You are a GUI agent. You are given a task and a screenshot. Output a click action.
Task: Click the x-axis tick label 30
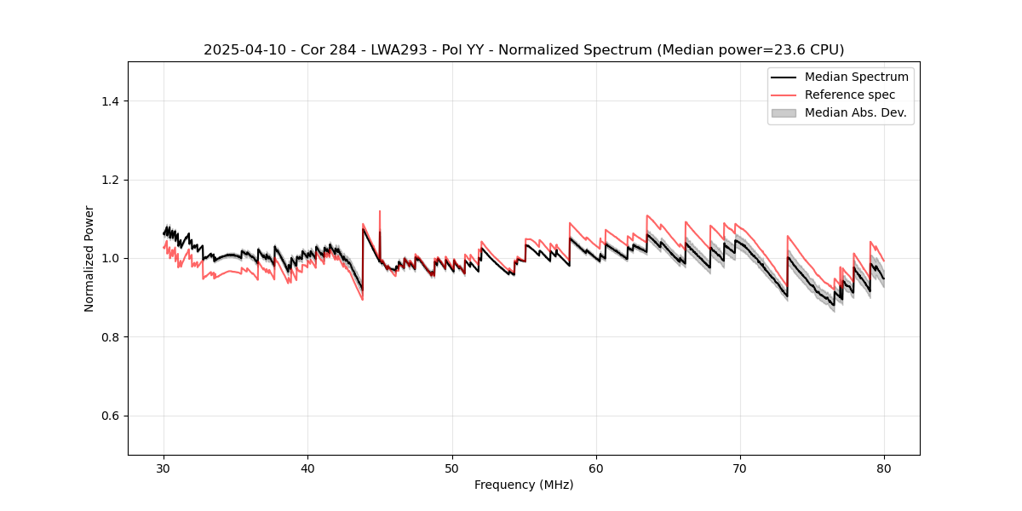pos(164,468)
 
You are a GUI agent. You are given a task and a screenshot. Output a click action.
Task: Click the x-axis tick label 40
pos(307,468)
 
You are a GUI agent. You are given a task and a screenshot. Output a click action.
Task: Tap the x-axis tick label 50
pos(452,468)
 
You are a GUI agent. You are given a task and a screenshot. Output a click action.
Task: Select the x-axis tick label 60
pos(596,468)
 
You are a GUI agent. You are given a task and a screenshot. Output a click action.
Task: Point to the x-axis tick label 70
pos(740,468)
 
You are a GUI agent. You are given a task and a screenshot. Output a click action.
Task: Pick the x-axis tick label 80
pos(884,468)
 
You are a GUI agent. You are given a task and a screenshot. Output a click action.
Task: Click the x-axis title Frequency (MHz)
pos(524,485)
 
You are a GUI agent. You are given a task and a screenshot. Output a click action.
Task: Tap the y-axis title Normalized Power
pos(89,258)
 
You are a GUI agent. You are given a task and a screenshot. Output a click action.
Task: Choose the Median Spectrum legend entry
pos(856,77)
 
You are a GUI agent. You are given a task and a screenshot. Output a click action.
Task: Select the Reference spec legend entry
pos(850,95)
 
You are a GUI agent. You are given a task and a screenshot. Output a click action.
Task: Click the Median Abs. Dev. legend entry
pos(855,112)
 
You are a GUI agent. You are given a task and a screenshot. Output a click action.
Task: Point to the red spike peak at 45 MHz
pos(380,211)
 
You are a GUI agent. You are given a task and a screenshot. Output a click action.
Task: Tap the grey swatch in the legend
pos(784,112)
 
